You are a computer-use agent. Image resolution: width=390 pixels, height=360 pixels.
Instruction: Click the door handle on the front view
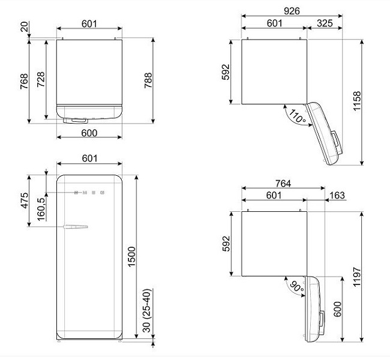[x=75, y=226]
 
